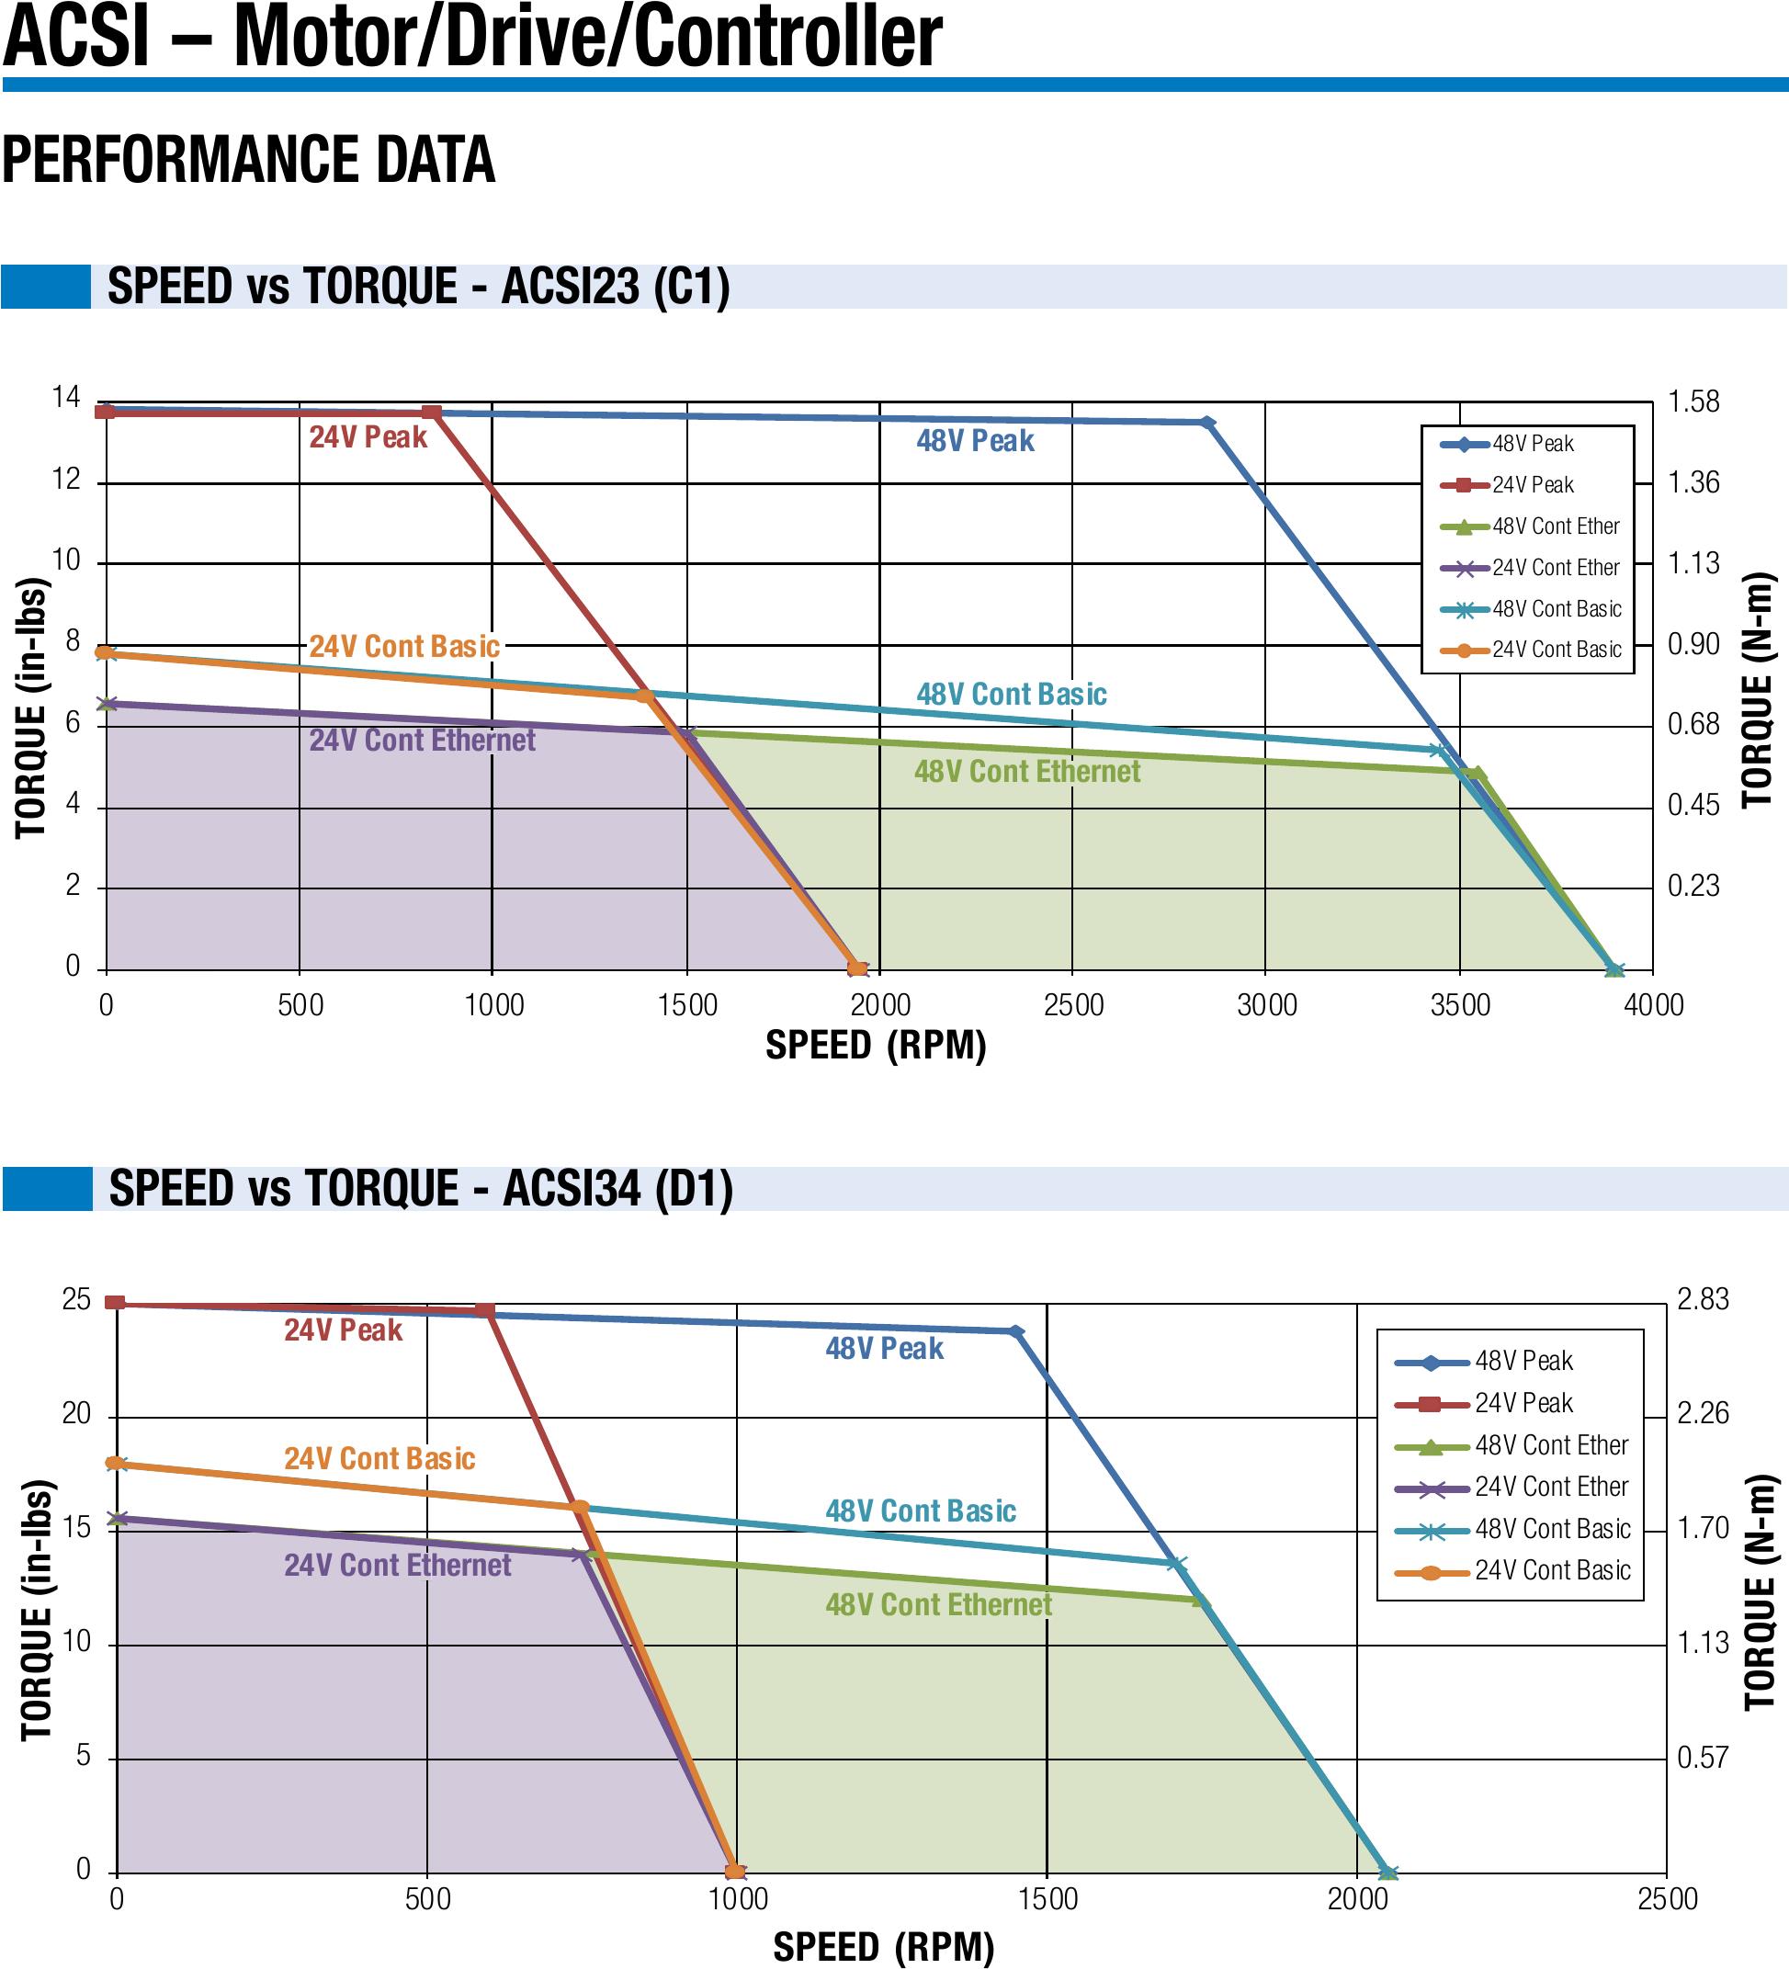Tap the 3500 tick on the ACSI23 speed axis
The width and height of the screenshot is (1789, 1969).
[x=1459, y=1005]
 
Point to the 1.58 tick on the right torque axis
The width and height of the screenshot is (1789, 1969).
[x=1693, y=402]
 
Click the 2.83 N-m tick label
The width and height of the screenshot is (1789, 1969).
[x=1702, y=1300]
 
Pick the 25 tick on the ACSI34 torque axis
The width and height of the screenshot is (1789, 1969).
[x=76, y=1300]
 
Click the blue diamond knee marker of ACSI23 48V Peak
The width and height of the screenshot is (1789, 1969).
[x=1208, y=423]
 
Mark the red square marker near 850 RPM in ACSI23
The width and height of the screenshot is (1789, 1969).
[x=432, y=413]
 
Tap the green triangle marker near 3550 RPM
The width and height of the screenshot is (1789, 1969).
[x=1478, y=774]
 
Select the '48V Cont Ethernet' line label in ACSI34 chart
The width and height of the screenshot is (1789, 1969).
[x=937, y=1605]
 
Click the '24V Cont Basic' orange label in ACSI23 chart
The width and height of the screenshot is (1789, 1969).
[x=404, y=647]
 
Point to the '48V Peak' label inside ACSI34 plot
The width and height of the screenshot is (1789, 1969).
[x=884, y=1349]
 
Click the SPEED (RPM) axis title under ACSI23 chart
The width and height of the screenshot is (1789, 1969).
[x=875, y=1045]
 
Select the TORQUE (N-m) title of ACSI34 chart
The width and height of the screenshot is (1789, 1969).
[x=1759, y=1591]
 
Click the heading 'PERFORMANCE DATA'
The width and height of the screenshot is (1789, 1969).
[x=248, y=160]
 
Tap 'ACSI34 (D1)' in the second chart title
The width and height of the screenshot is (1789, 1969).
[x=617, y=1189]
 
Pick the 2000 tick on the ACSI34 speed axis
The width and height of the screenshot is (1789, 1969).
[x=1356, y=1900]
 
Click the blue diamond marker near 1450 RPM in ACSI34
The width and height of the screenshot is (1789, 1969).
[x=1015, y=1332]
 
